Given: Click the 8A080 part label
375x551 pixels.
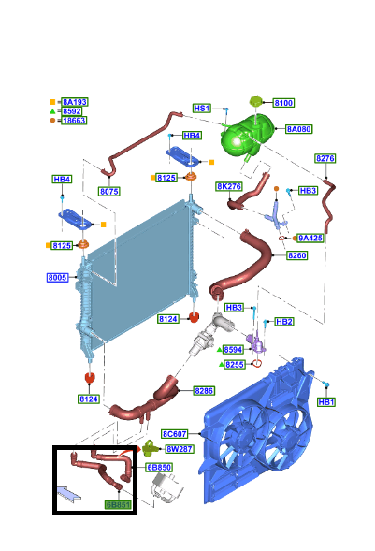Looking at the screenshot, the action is pos(299,129).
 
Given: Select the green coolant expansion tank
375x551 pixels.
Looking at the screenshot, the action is pos(247,137).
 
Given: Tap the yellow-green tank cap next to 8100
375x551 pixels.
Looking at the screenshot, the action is pos(256,102).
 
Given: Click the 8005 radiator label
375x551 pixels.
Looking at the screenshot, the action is pos(58,278).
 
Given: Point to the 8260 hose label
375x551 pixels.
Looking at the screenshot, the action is pos(297,255).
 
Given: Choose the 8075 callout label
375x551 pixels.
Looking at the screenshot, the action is pos(109,192).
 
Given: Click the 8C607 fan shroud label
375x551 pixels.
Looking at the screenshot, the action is pos(175,434).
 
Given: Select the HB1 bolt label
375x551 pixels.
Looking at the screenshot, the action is pos(325,402).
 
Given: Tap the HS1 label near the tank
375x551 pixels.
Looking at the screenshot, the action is pos(202,109).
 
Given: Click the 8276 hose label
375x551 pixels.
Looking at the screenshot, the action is pos(325,158).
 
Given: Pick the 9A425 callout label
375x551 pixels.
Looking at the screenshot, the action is pos(310,238).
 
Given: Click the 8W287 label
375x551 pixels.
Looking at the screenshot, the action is pos(180,449).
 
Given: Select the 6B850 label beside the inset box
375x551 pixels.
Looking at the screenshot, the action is pos(159,468).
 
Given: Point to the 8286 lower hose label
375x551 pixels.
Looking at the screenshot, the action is pos(204,390).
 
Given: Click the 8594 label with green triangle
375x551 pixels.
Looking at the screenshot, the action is pos(234,350).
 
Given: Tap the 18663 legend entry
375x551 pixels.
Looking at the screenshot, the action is pos(74,120).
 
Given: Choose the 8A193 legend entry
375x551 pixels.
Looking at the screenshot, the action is pos(75,102).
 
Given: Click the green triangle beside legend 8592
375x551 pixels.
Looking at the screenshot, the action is pos(52,111).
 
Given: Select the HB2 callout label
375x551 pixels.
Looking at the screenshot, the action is pos(284,322).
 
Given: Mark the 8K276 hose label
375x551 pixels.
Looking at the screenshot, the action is pos(229,186).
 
